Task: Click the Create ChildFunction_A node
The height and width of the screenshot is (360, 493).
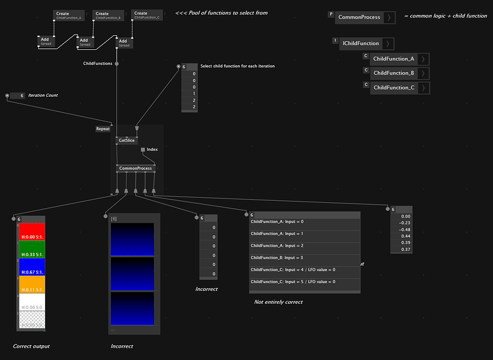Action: coord(68,15)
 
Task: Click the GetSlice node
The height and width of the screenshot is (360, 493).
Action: coord(126,141)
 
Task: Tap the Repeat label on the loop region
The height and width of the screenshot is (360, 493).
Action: coord(103,129)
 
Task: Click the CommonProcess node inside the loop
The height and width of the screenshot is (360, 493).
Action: coord(136,168)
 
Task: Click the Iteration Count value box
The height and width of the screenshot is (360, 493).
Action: coord(18,96)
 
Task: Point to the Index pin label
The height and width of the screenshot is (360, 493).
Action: coord(152,149)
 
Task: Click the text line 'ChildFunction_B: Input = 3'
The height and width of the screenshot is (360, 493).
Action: coord(277,258)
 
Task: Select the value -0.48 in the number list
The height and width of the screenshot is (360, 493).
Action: coord(405,230)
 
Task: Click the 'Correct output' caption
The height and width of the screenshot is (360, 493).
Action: coord(31,346)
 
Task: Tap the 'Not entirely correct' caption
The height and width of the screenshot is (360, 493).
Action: coord(278,302)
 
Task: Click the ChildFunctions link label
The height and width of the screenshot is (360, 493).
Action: coord(97,63)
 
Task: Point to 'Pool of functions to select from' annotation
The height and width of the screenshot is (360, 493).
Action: coord(222,13)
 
